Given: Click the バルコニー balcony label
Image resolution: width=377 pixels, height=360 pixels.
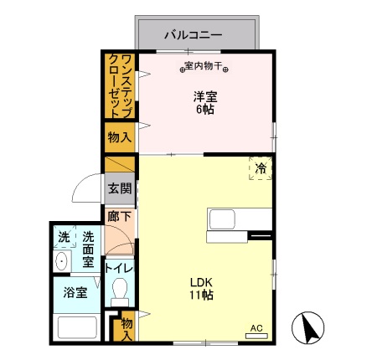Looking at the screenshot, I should [x=193, y=35].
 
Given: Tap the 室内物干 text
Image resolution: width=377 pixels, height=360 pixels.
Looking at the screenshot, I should [x=205, y=65].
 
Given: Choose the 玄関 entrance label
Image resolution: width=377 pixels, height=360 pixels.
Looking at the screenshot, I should [x=118, y=188].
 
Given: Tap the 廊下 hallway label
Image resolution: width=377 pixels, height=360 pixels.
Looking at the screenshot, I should [x=118, y=216].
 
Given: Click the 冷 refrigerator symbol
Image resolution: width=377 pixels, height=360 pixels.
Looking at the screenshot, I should [x=261, y=169].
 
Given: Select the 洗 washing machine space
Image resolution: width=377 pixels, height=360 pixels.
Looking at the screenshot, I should [x=65, y=238].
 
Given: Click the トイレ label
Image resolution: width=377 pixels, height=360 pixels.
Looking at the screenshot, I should [x=119, y=268].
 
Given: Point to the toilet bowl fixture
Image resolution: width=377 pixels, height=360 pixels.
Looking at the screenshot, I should [x=119, y=291].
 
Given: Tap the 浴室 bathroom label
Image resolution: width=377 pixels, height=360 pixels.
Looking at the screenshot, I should [x=75, y=293].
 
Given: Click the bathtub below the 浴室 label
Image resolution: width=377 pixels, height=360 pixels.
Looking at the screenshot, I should [x=76, y=327].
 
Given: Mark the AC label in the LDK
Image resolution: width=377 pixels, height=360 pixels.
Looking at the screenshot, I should [x=257, y=328].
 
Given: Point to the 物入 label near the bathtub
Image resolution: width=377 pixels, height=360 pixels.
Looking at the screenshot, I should [x=127, y=327].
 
